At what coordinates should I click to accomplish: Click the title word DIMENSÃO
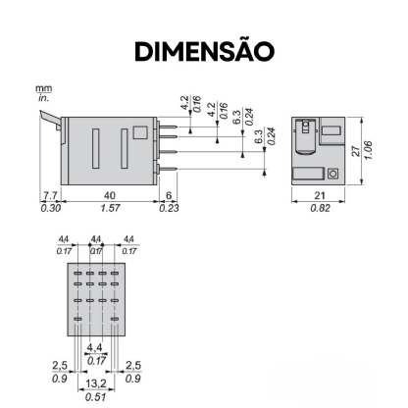[204, 49]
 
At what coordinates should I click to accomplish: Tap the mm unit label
[43, 89]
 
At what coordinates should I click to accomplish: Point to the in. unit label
[43, 99]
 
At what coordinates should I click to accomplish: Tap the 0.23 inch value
[169, 208]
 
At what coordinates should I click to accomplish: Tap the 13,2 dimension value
[95, 385]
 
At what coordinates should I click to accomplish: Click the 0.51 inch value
[95, 397]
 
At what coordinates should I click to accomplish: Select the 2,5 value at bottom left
[59, 366]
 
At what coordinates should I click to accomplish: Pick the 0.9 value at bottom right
[132, 378]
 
